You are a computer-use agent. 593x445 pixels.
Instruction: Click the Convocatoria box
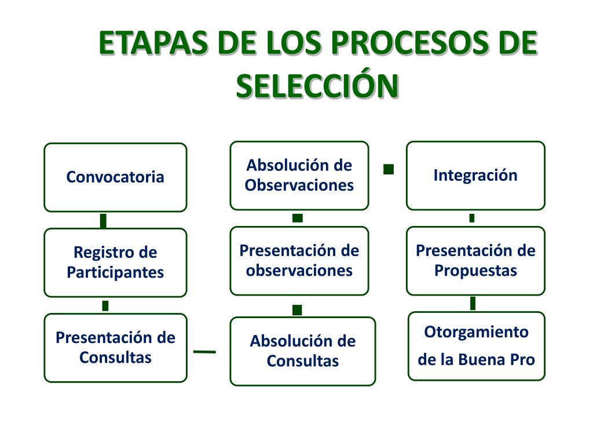click(115, 177)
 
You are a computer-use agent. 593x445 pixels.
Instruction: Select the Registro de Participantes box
click(115, 262)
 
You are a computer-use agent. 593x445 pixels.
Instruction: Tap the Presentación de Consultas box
click(115, 348)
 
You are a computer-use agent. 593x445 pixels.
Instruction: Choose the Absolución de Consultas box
click(302, 351)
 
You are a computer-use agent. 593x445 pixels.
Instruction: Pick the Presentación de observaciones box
click(299, 261)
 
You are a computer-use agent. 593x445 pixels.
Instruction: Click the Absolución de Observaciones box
click(299, 176)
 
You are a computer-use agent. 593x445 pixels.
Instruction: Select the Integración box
click(475, 176)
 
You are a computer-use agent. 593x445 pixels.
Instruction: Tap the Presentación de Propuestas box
click(475, 261)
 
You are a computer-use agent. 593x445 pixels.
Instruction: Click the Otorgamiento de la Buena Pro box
click(477, 346)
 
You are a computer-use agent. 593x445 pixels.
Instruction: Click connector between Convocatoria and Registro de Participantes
click(103, 221)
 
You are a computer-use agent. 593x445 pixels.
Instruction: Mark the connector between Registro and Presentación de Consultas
click(105, 305)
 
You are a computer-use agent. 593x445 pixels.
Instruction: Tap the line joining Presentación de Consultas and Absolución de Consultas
click(204, 351)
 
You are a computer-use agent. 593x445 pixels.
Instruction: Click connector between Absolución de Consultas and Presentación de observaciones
click(297, 310)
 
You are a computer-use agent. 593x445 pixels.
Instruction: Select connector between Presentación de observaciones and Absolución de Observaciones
click(298, 218)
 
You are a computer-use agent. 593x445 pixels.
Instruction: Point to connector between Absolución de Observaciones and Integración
click(389, 169)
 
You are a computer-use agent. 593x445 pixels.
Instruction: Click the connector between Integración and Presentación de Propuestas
click(472, 218)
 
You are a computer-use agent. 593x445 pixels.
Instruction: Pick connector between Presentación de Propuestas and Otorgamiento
click(473, 303)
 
